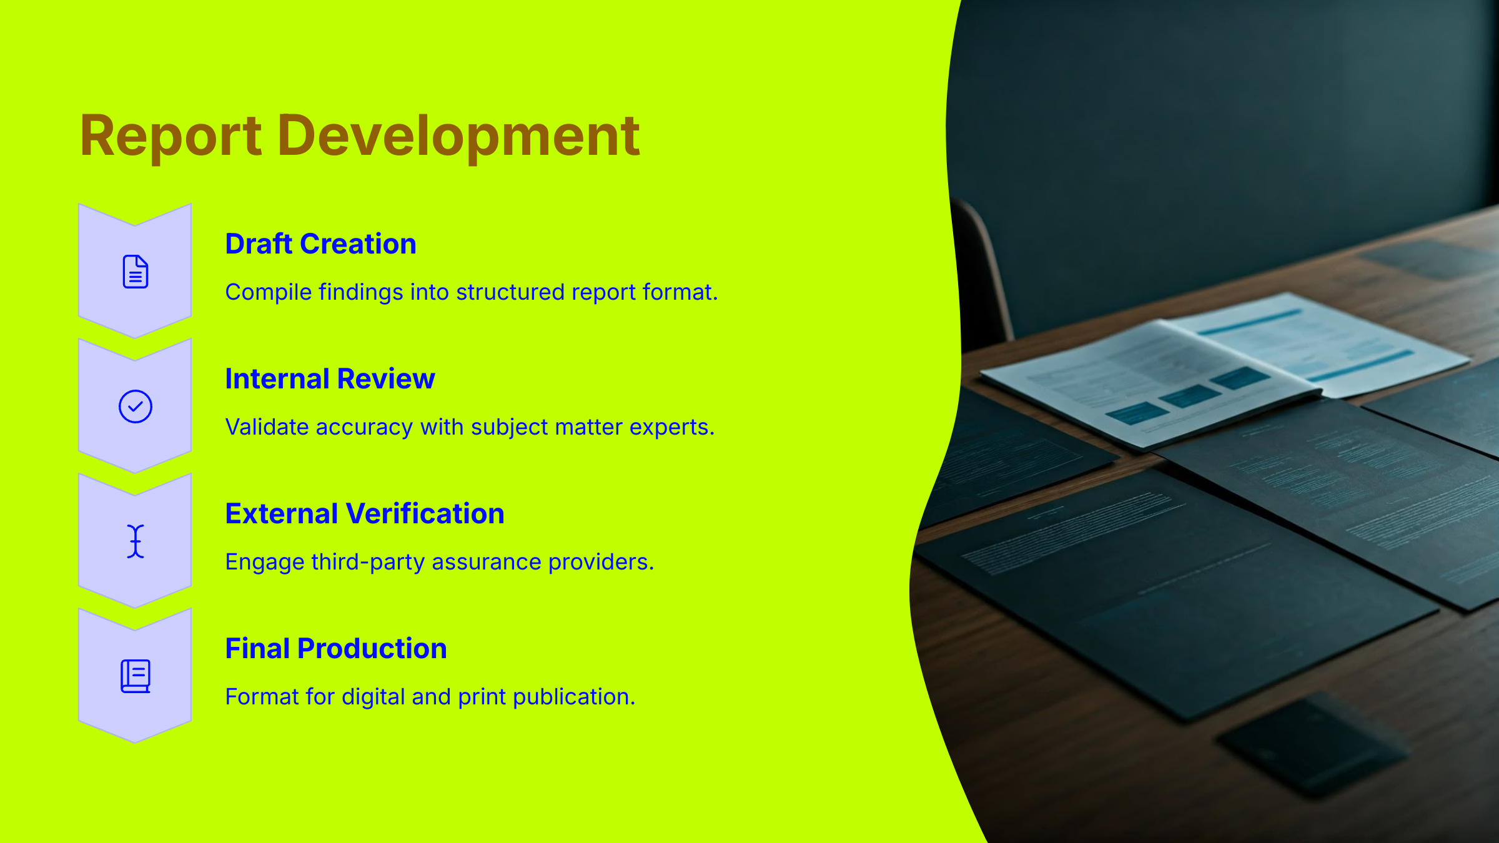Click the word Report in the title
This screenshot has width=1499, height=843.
click(x=171, y=136)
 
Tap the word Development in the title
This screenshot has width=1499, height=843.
click(x=462, y=136)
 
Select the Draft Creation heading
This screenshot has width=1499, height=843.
click(x=320, y=244)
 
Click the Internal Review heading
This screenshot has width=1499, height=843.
click(x=330, y=378)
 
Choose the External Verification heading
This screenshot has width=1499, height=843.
click(x=364, y=513)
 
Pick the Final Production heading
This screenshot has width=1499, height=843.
click(x=335, y=648)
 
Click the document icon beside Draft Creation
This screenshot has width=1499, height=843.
click(x=135, y=272)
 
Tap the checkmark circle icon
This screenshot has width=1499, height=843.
click(x=135, y=407)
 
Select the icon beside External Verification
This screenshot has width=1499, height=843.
click(x=135, y=541)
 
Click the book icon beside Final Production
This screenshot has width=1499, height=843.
click(x=135, y=676)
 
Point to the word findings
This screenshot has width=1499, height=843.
click(x=360, y=292)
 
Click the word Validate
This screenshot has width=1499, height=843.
click(x=267, y=427)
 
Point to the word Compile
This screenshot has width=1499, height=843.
click(x=268, y=292)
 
